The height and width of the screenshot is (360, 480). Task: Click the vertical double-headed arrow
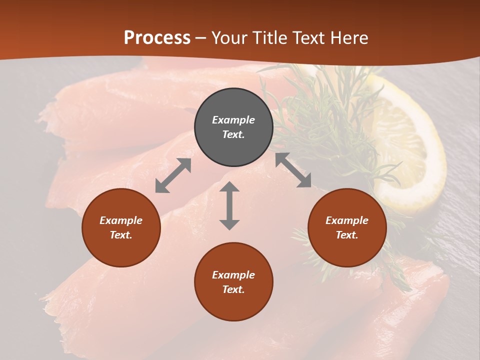[229, 205]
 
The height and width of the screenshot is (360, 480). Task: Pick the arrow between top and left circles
[173, 175]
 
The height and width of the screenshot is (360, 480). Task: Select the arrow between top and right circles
[293, 170]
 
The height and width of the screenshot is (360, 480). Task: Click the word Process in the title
[157, 37]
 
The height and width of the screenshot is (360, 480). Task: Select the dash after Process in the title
[201, 38]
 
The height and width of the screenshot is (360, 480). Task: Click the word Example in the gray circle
[233, 120]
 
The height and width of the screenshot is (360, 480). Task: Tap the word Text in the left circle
[121, 235]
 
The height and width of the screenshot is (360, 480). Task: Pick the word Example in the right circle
[347, 220]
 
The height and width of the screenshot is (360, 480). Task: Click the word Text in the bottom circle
[233, 289]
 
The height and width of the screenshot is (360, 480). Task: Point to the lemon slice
[407, 150]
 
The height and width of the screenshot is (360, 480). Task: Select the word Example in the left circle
[121, 220]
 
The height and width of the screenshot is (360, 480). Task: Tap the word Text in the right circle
[347, 235]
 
